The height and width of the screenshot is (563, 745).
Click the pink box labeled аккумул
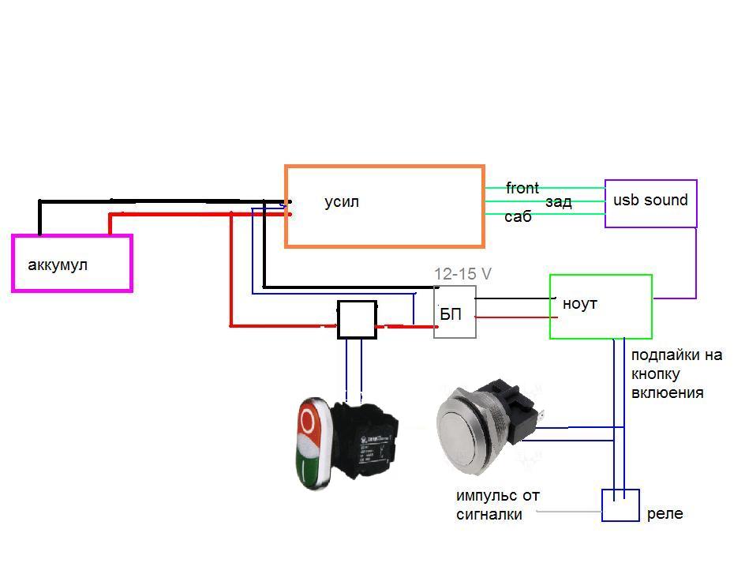coord(72,264)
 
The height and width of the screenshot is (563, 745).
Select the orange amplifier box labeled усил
coord(384,207)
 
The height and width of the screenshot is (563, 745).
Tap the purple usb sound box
coord(650,204)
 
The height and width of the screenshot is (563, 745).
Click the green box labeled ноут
coord(601,307)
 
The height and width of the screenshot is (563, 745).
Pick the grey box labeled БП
coord(455,313)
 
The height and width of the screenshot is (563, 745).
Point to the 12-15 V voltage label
coord(462,274)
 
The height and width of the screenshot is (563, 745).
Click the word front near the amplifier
coord(522,188)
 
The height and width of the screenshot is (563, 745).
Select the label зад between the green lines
coord(558,202)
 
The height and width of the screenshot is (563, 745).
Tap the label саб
coord(518,216)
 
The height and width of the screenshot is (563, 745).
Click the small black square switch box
coord(357,320)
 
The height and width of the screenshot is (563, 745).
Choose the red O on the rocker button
coord(309,424)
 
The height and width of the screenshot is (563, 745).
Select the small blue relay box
coord(620,505)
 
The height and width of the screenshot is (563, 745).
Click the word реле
coord(665,514)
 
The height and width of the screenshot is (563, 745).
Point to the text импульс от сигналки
coord(497,505)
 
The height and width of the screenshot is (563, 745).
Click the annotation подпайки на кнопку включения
coord(676,373)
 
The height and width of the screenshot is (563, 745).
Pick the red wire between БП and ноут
coord(513,317)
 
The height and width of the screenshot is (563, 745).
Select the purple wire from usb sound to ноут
coord(695,261)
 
